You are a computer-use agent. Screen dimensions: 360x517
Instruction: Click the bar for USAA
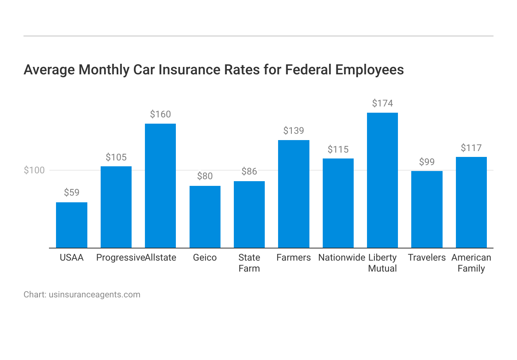(72, 225)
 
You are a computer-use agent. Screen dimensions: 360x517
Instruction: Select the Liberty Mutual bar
(382, 180)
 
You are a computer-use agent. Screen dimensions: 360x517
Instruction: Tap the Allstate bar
(160, 186)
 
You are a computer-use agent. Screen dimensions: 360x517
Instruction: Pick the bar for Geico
(205, 217)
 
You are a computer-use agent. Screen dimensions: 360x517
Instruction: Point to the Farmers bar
(293, 194)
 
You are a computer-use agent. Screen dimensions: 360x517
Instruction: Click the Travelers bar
(427, 209)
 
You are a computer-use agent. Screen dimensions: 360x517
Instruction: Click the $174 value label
(382, 103)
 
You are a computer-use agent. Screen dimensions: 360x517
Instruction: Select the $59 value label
(72, 193)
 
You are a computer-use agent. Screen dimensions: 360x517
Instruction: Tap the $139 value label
(293, 131)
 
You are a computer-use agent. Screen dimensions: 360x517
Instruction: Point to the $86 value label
(249, 171)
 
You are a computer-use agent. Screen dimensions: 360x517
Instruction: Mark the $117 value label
(471, 148)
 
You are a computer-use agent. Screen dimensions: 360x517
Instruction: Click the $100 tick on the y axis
(34, 170)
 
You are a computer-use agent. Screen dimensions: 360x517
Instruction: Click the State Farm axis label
(249, 263)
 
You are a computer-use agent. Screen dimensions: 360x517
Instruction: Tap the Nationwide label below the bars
(342, 257)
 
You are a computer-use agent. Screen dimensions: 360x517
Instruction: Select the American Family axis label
(471, 263)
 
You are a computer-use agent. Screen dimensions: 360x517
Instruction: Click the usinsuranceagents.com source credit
(94, 295)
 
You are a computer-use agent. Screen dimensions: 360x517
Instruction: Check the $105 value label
(116, 157)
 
